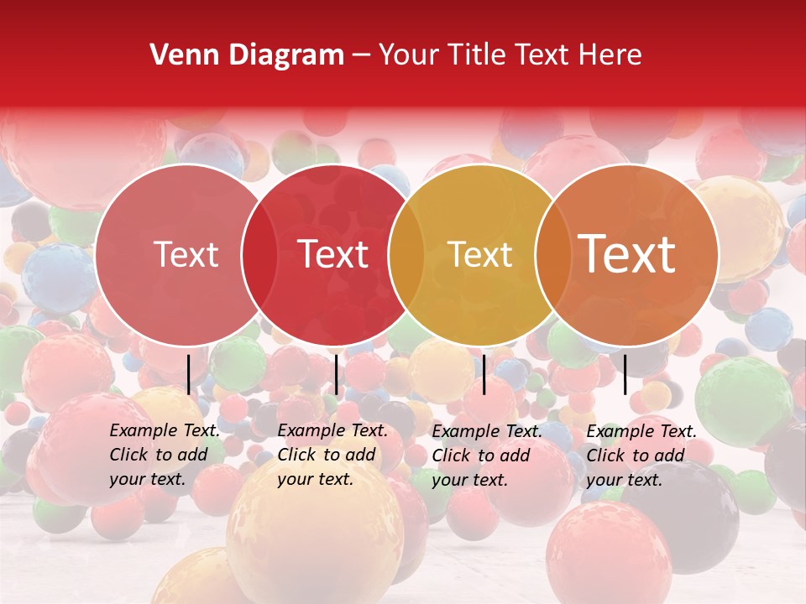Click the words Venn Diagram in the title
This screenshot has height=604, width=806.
(246, 55)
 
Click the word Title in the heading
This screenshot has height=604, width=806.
(478, 55)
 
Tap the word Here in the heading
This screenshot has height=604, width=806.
(611, 55)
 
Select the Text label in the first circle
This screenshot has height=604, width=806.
(186, 254)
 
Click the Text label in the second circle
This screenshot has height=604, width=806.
(333, 254)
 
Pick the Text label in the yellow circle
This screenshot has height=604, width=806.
(480, 254)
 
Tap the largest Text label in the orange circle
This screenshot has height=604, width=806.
(627, 254)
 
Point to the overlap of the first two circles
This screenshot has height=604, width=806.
(259, 255)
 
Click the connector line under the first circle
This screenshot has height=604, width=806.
(189, 374)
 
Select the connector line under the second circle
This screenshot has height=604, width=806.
(336, 374)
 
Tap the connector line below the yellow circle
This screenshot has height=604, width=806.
(484, 374)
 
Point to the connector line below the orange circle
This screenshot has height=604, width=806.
(625, 374)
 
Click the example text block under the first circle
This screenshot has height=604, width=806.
(165, 455)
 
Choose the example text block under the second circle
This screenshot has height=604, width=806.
(332, 455)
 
